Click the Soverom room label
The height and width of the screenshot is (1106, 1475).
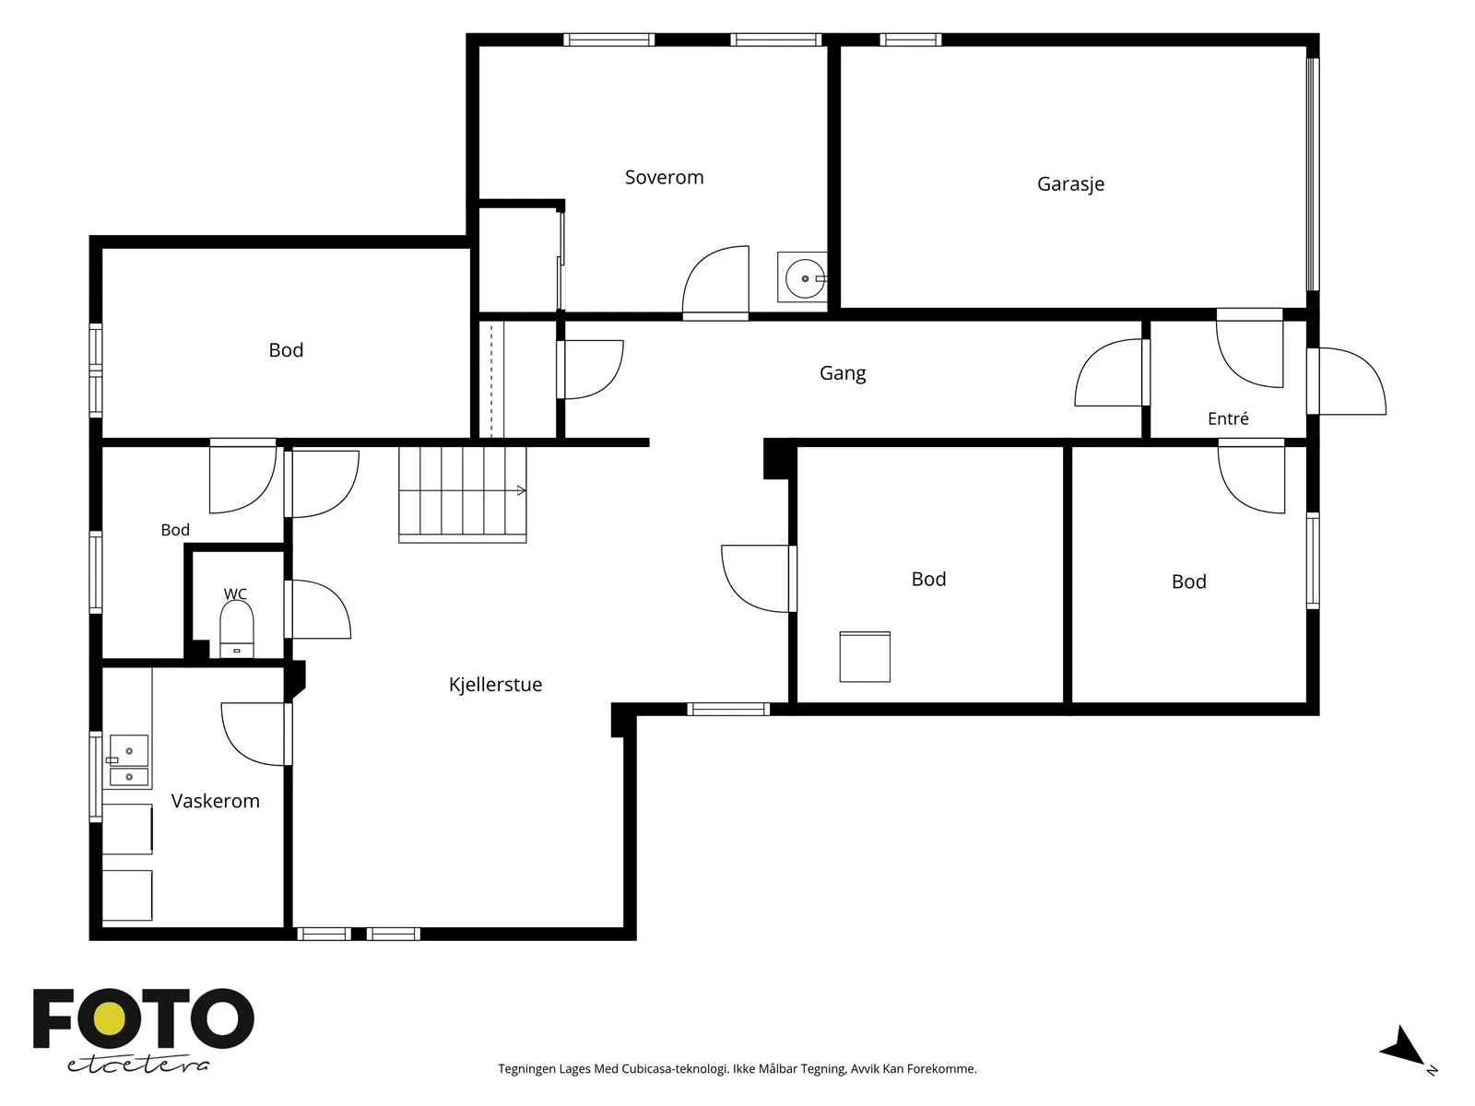tap(664, 177)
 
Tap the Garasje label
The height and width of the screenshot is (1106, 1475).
tap(1070, 184)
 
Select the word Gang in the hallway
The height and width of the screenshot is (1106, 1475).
tap(843, 373)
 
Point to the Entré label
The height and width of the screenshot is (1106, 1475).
tap(1228, 418)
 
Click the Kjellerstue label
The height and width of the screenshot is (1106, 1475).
tap(495, 684)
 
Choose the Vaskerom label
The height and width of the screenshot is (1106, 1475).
tap(215, 800)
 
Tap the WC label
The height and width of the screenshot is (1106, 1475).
tap(235, 594)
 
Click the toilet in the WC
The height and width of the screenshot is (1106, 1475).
tap(237, 629)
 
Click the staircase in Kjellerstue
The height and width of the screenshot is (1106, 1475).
tap(463, 494)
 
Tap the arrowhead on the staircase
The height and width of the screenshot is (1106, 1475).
tap(522, 491)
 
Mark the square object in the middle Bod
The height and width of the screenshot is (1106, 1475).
tap(865, 657)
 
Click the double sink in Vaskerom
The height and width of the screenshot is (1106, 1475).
tap(128, 760)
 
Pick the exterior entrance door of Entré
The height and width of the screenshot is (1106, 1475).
tap(1348, 381)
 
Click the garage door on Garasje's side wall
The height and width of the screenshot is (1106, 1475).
tap(1313, 174)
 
